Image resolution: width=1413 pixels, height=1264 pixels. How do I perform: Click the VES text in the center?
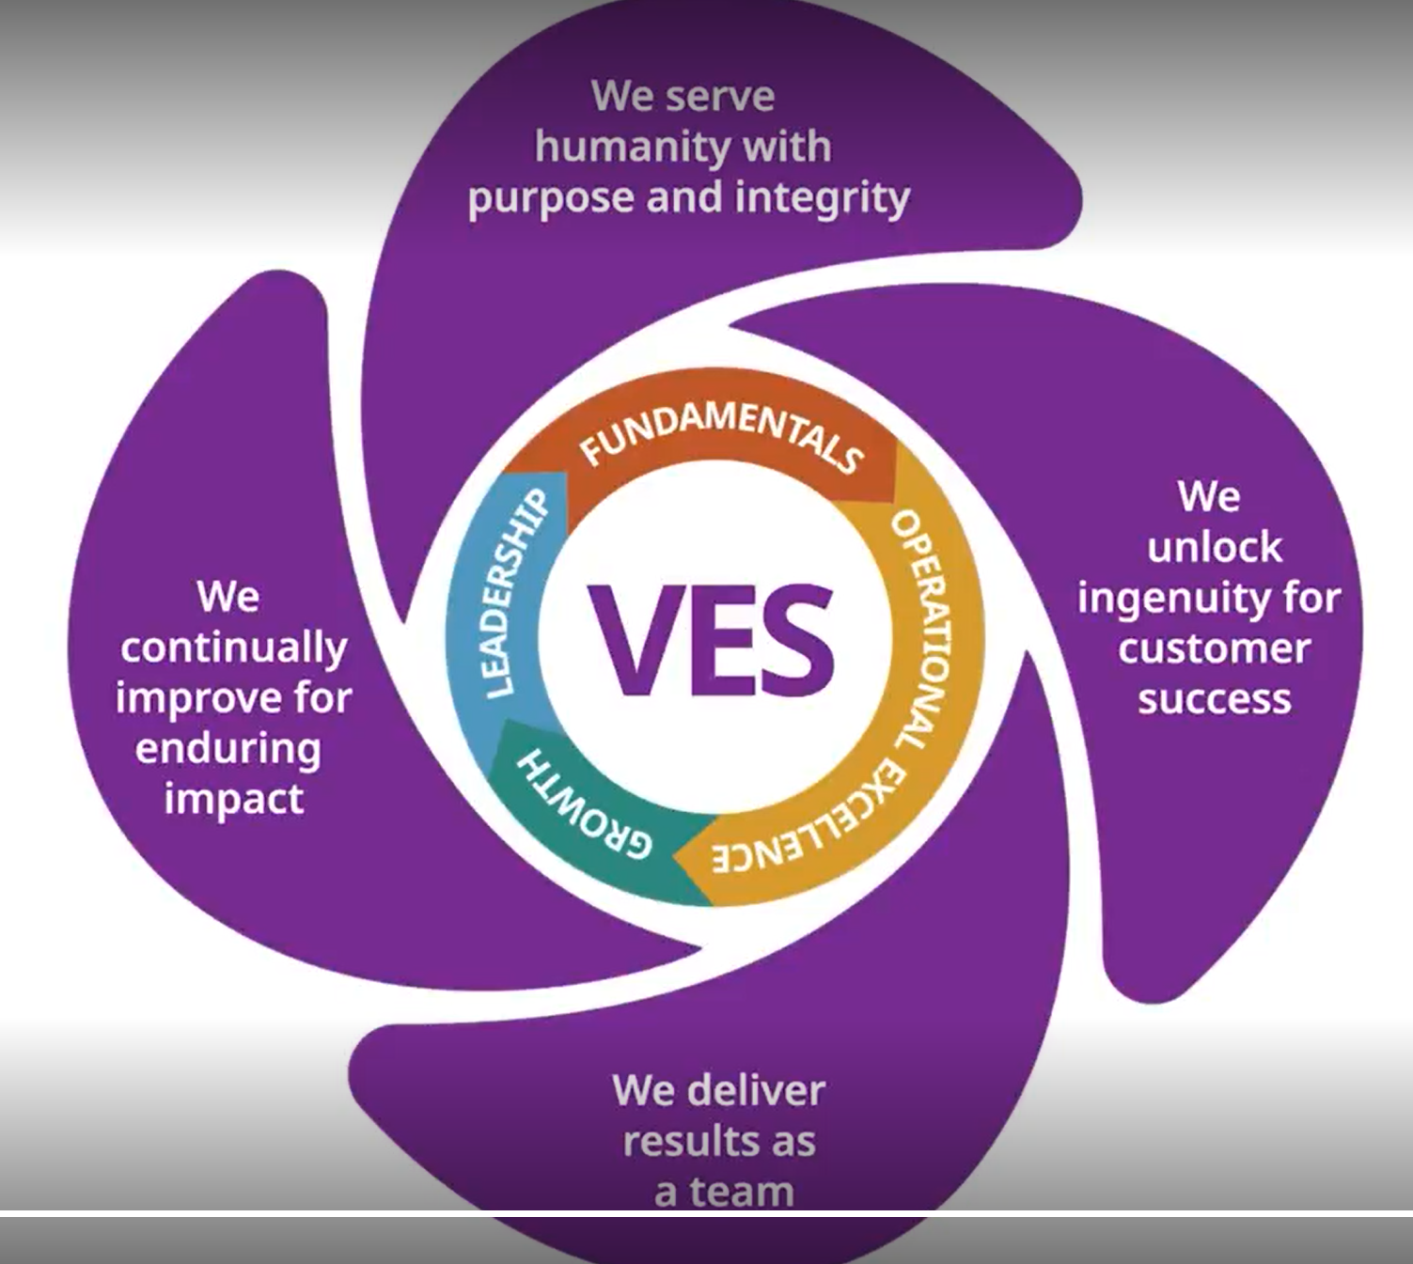click(x=711, y=639)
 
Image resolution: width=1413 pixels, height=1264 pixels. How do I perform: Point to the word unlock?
click(x=1214, y=547)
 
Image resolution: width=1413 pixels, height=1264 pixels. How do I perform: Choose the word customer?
click(x=1214, y=648)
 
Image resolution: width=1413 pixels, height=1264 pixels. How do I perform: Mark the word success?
click(x=1214, y=699)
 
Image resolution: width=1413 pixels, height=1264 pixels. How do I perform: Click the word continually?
click(x=233, y=648)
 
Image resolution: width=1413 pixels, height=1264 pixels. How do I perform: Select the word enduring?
click(x=228, y=749)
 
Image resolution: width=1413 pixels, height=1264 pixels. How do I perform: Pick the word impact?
click(x=233, y=800)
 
